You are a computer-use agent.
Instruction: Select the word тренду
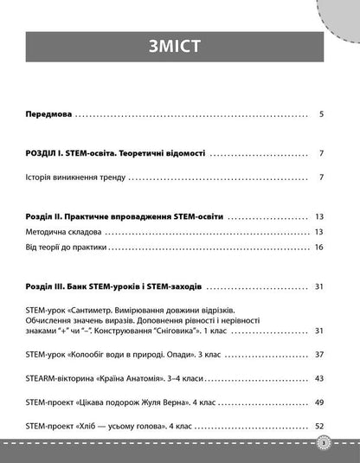[x=112, y=178]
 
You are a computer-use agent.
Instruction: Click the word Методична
[x=48, y=232]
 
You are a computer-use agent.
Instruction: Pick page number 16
[x=318, y=248]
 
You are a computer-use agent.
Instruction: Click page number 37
[x=318, y=355]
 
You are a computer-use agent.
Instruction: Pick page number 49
[x=318, y=402]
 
